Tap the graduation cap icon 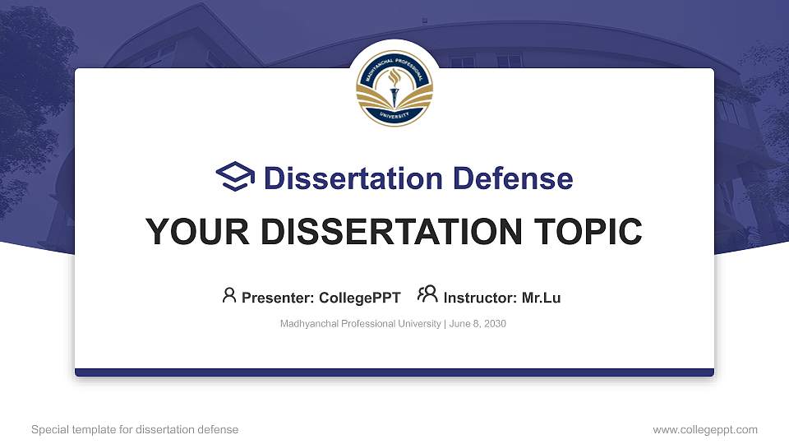pos(236,177)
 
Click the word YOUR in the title pos(192,232)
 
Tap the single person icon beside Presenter pos(229,295)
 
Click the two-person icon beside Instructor pos(427,294)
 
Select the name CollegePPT pos(359,298)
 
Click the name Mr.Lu pos(541,298)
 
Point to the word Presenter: pos(277,298)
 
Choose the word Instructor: pos(480,298)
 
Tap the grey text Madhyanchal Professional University pos(360,324)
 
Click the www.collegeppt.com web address pos(704,429)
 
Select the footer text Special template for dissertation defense pos(135,429)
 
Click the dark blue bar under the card pos(394,372)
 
